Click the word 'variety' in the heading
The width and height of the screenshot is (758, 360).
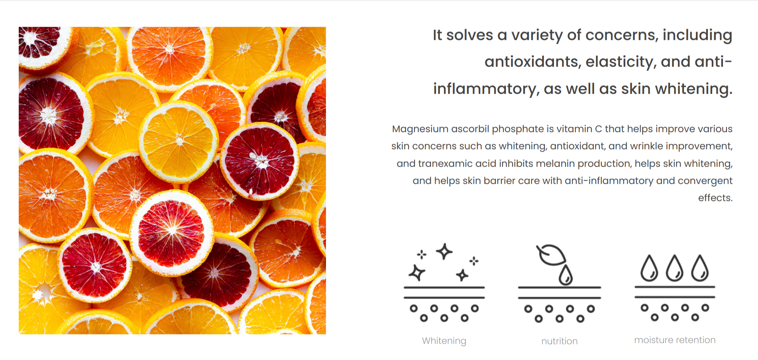(x=537, y=35)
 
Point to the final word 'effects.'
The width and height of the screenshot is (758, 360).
(x=715, y=198)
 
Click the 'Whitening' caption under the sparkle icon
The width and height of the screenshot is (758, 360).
(x=444, y=341)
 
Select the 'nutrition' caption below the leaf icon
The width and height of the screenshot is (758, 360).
(x=560, y=341)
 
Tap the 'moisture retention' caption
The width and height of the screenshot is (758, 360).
(x=675, y=340)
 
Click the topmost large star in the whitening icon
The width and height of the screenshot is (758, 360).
(x=444, y=251)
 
